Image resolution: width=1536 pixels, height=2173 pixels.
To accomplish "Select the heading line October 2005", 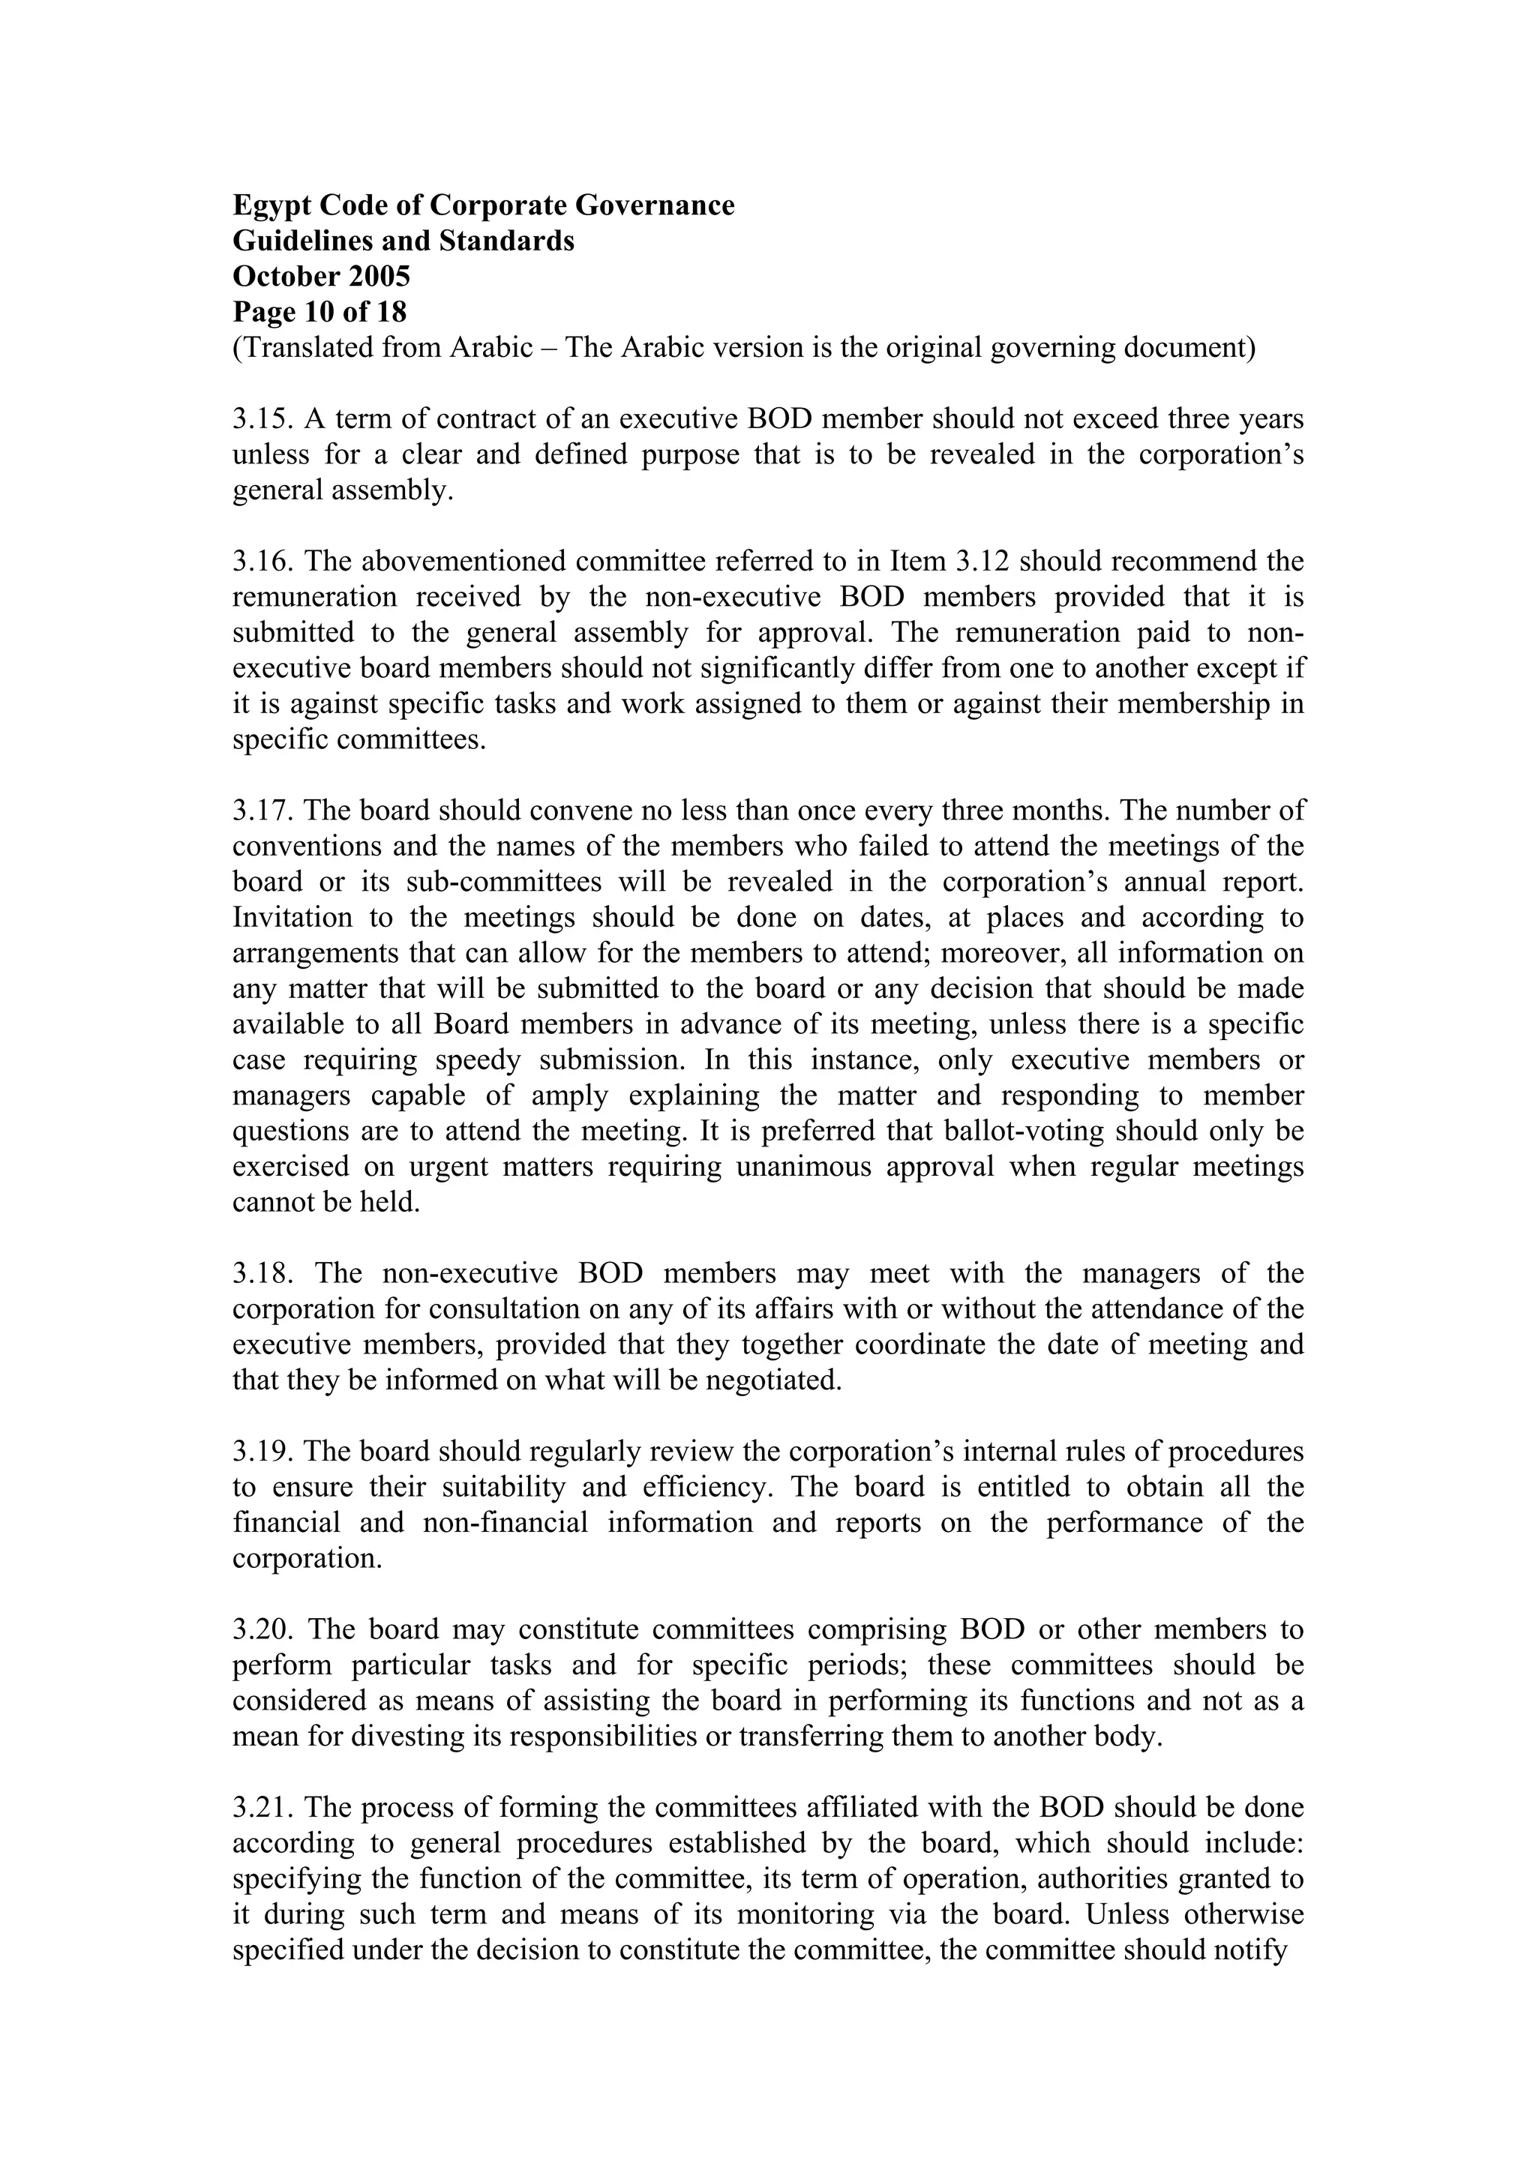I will coord(322,277).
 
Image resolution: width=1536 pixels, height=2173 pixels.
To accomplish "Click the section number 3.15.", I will coord(263,419).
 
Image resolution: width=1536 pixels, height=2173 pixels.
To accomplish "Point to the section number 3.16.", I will coord(263,562).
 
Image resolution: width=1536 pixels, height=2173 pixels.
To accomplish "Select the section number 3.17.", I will coord(263,811).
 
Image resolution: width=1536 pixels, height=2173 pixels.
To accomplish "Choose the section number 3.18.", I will coord(264,1274).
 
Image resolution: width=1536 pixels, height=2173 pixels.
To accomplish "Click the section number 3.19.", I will coord(263,1452).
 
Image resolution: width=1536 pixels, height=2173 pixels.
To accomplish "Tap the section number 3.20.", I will coord(264,1630).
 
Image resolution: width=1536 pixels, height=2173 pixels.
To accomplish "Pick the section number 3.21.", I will coord(263,1808).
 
